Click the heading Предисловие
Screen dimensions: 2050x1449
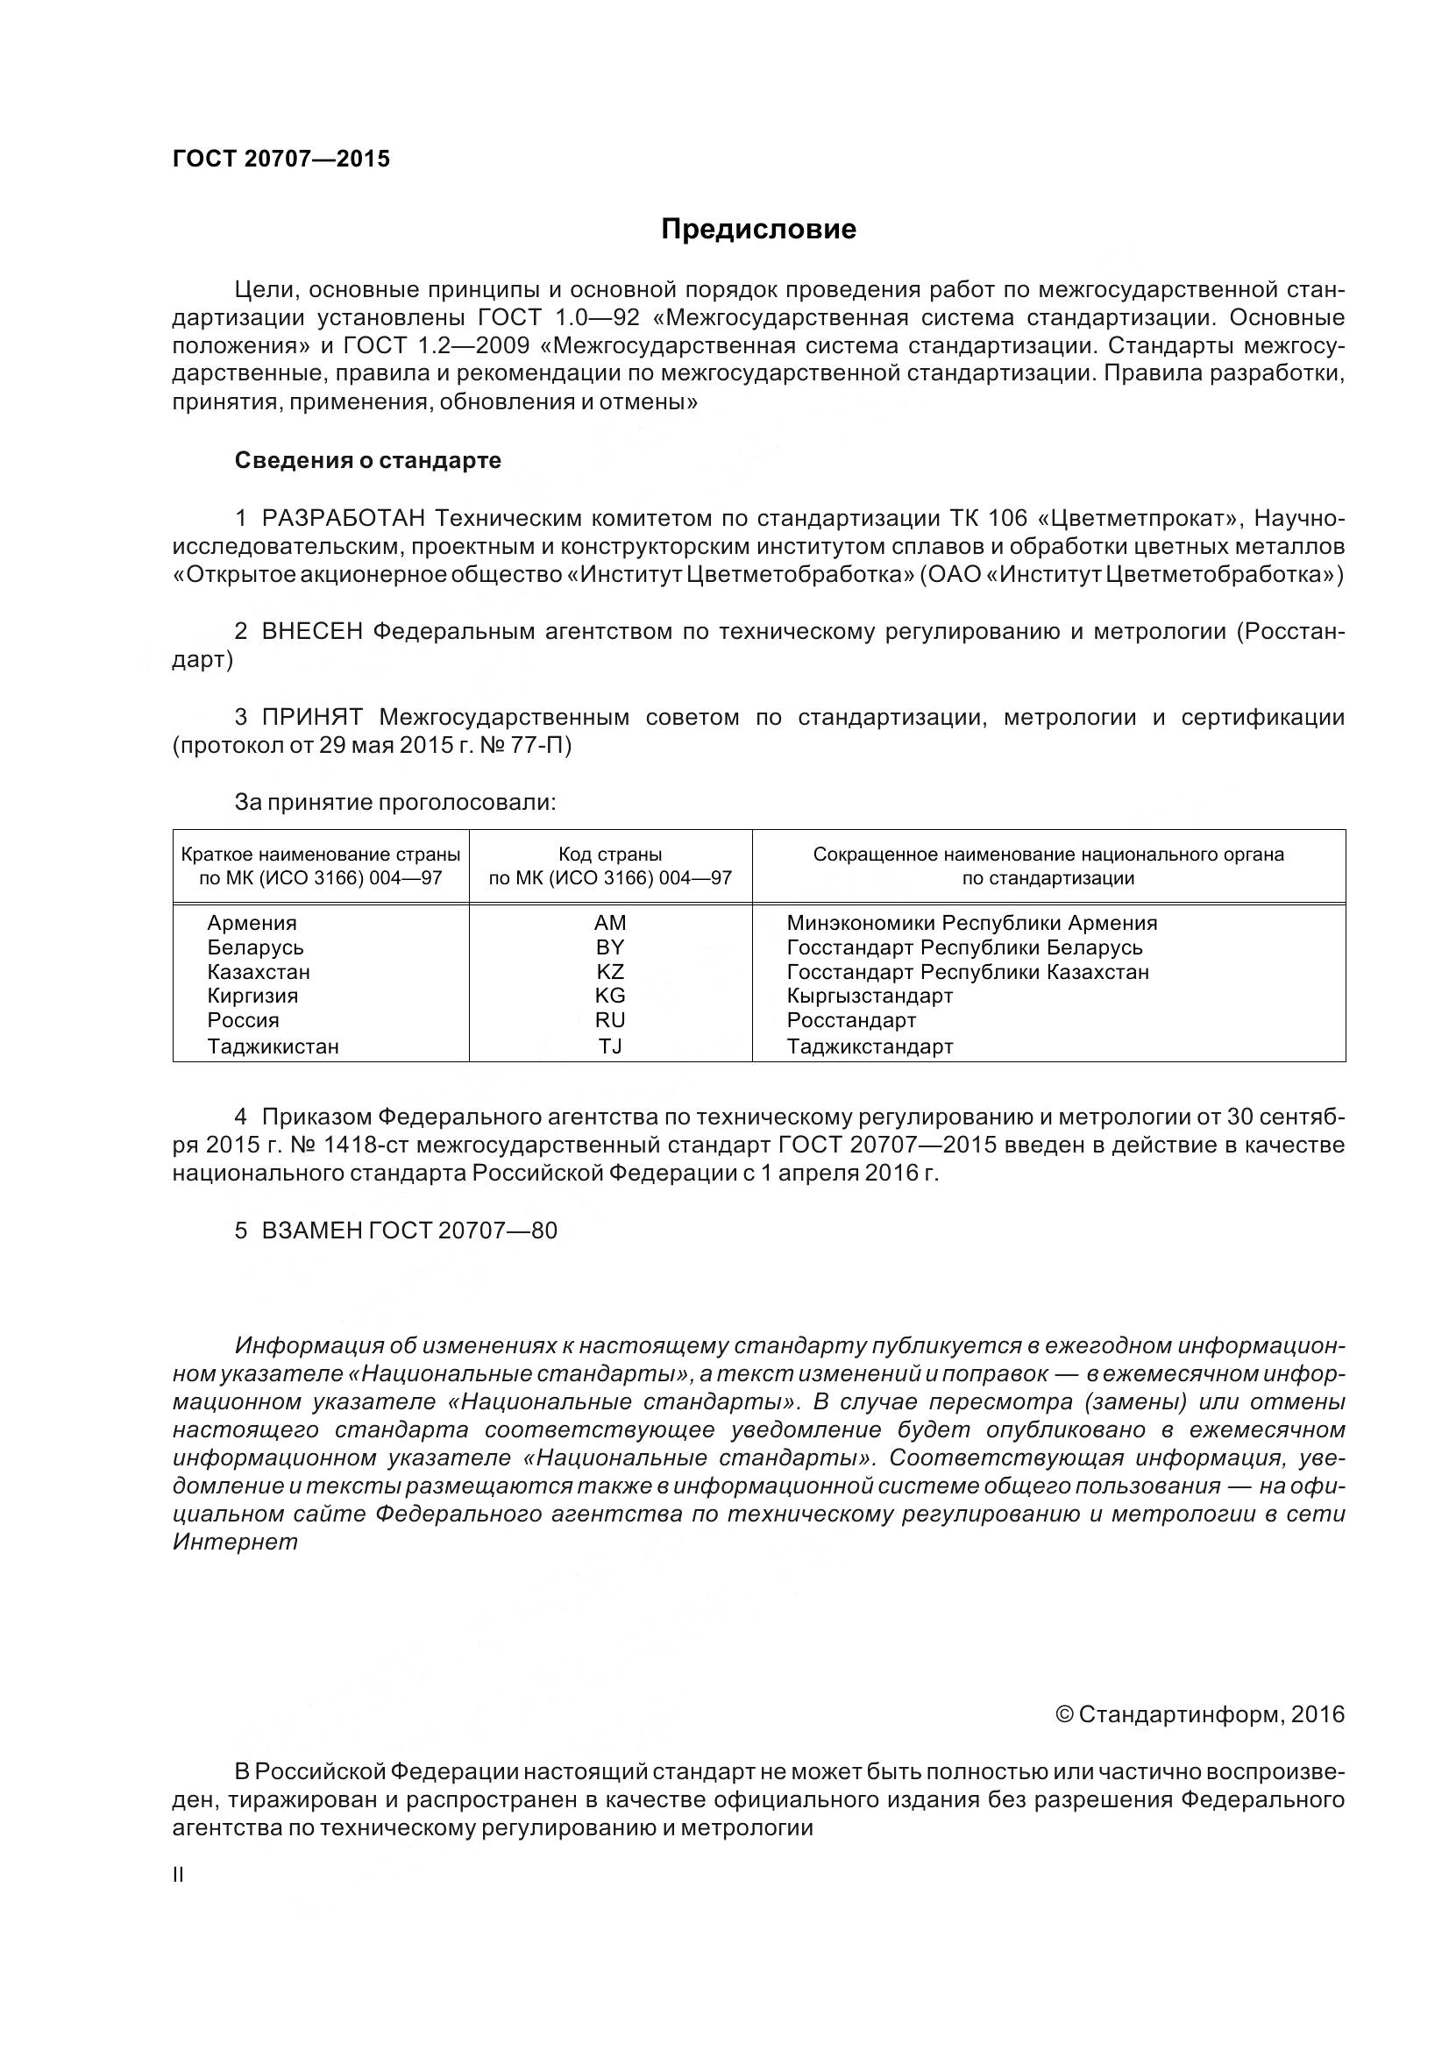pyautogui.click(x=758, y=230)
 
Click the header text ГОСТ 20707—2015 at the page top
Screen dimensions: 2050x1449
pyautogui.click(x=281, y=159)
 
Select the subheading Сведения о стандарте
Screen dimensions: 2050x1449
pyautogui.click(x=368, y=461)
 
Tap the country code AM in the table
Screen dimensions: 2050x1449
pyautogui.click(x=610, y=922)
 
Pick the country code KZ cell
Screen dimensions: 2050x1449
pyautogui.click(x=610, y=971)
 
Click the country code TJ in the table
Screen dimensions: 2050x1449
pyautogui.click(x=610, y=1046)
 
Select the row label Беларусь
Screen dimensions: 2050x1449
pyautogui.click(x=255, y=947)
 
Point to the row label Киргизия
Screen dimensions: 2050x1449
pyautogui.click(x=252, y=996)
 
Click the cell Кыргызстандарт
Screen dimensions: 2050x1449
pyautogui.click(x=870, y=996)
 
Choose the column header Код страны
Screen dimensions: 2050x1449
pyautogui.click(x=610, y=855)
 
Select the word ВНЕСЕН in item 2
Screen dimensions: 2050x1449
pyautogui.click(x=311, y=632)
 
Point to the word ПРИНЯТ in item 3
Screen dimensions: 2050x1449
pyautogui.click(x=311, y=717)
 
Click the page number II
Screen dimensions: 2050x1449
pyautogui.click(x=179, y=1900)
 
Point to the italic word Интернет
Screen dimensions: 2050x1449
pyautogui.click(x=235, y=1542)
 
